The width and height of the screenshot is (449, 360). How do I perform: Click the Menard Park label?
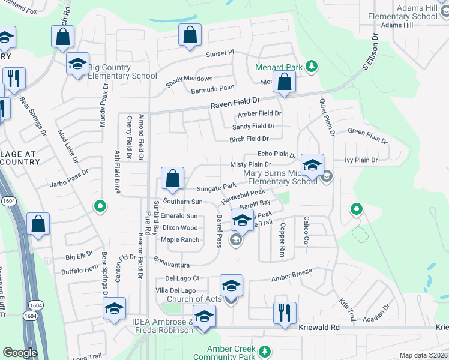(x=279, y=67)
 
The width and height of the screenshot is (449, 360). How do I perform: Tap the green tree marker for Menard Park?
(x=312, y=66)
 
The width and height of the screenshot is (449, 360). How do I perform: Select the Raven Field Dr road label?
(x=235, y=104)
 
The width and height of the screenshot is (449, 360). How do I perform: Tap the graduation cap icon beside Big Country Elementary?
(x=78, y=64)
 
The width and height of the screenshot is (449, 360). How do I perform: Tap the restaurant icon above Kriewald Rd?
(x=285, y=313)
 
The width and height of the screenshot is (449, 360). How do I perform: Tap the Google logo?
(x=20, y=353)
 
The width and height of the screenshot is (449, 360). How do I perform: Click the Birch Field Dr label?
(x=249, y=139)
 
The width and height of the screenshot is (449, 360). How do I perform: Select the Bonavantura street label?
(x=172, y=264)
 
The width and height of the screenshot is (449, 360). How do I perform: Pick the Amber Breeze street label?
(x=292, y=272)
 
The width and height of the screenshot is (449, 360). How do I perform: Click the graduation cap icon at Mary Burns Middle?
(x=312, y=166)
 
